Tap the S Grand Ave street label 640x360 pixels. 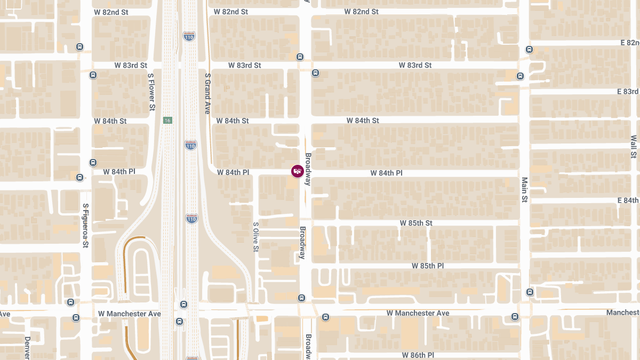coord(208,93)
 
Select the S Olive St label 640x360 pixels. coord(256,237)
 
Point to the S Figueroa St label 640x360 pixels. coord(85,226)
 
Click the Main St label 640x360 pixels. coord(525,190)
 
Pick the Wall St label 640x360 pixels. coord(634,147)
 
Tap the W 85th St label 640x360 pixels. coord(417,223)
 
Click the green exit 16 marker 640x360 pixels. coord(167,120)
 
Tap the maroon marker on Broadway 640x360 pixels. coord(298,171)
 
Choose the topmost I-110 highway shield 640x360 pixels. coord(189,36)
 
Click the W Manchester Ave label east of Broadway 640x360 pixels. coord(418,313)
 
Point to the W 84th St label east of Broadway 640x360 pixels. coord(363,121)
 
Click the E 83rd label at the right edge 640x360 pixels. coord(628,92)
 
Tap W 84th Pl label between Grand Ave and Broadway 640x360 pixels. coord(233,172)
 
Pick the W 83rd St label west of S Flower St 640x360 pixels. coord(131,65)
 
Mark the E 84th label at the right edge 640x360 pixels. coord(628,201)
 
